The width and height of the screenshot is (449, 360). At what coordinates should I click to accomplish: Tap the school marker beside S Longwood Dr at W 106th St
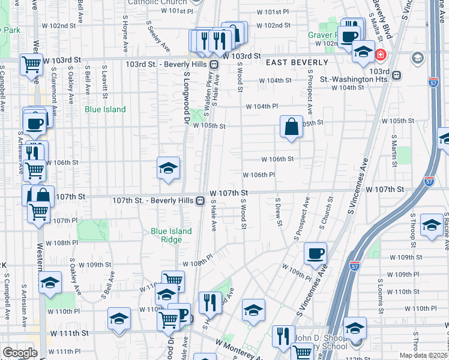coord(169,168)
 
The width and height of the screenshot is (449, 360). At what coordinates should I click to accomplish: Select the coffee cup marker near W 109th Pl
coord(315,254)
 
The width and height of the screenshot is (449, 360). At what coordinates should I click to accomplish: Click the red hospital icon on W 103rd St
coord(380,56)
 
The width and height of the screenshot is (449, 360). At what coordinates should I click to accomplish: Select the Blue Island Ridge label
coord(171,235)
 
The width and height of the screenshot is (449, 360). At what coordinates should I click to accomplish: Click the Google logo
coord(20,353)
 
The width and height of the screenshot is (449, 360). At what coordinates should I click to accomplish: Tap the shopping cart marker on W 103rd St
coord(31,65)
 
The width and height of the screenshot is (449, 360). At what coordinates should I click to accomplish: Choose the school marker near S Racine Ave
coord(431,226)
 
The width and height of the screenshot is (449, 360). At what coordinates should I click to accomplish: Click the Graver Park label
coord(324,35)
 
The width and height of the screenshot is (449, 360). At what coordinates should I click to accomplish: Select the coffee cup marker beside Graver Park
coord(348,37)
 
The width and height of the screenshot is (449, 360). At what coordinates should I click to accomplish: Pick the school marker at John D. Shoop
coord(355,329)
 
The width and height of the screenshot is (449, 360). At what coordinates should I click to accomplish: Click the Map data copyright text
coord(423,355)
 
